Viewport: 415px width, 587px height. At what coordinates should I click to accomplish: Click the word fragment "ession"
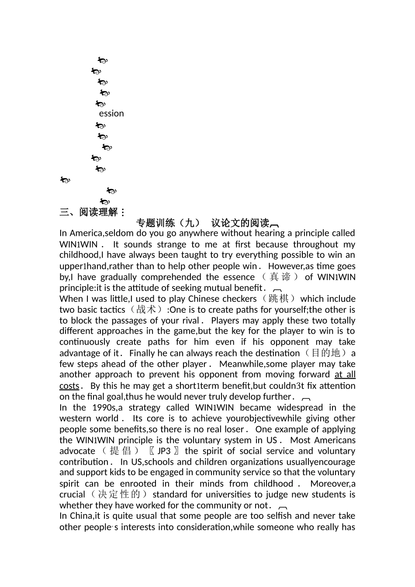click(111, 114)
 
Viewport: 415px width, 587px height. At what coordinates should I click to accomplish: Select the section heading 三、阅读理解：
click(93, 212)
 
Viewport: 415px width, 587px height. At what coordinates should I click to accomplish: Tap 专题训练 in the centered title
click(156, 223)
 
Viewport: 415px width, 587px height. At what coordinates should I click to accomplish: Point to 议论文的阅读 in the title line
click(240, 223)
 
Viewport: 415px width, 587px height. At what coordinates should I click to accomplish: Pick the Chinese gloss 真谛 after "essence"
click(280, 277)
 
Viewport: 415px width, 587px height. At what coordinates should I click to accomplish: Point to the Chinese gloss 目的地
click(326, 353)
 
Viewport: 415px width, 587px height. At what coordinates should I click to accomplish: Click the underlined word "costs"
click(69, 386)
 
